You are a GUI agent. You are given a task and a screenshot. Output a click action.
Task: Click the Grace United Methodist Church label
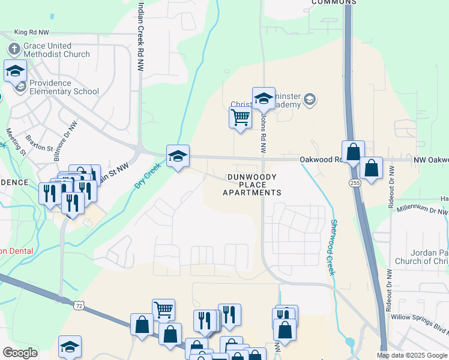pyautogui.click(x=56, y=50)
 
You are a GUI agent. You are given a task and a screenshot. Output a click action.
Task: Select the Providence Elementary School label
pyautogui.click(x=64, y=88)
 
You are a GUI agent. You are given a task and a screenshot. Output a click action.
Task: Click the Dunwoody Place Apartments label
pyautogui.click(x=252, y=185)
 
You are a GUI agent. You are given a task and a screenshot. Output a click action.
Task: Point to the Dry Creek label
pyautogui.click(x=147, y=175)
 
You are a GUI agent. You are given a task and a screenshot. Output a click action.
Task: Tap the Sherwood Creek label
pyautogui.click(x=330, y=247)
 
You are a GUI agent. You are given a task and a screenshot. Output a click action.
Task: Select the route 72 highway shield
pyautogui.click(x=79, y=306)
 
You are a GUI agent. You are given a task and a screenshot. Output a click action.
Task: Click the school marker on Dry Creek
pyautogui.click(x=178, y=157)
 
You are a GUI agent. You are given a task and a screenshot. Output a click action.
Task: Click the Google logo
pyautogui.click(x=20, y=353)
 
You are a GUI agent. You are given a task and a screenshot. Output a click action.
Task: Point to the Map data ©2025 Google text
pyautogui.click(x=412, y=355)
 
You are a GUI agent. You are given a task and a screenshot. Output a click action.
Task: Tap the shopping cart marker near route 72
pyautogui.click(x=163, y=309)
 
